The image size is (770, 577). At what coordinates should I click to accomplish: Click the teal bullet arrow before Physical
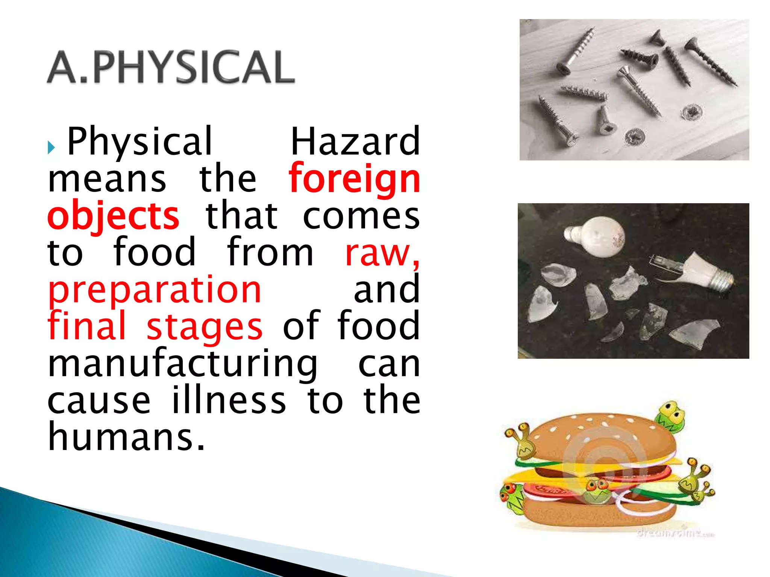51,148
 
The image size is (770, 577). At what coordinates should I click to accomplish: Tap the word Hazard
355,142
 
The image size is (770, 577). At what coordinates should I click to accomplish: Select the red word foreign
354,180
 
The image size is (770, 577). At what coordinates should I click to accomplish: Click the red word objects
113,216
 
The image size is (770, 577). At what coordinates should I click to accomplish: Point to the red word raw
381,253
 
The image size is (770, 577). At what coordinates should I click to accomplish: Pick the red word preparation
155,290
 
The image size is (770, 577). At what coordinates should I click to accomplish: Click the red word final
86,326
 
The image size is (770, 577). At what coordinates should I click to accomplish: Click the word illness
229,400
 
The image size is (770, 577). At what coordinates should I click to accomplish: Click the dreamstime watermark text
675,533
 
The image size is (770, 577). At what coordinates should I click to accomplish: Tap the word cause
99,400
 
